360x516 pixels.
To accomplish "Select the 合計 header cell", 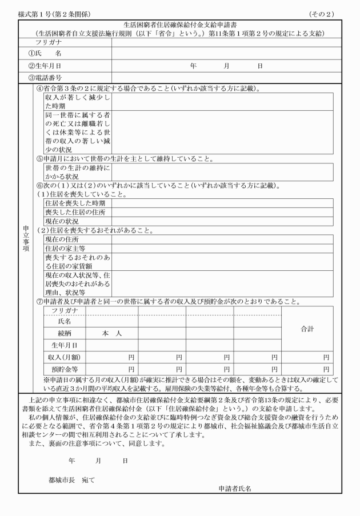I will (309, 330).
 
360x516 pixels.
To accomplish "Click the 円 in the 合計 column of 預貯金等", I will (326, 369).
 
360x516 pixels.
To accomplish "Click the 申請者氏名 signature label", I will (235, 489).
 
